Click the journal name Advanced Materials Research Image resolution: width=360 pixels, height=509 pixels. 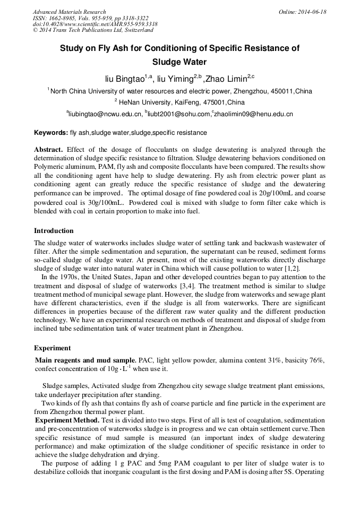pos(69,12)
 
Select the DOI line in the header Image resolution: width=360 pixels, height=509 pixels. pos(95,24)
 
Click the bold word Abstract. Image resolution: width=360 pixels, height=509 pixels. pos(48,150)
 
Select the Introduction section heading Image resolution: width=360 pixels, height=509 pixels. pos(54,231)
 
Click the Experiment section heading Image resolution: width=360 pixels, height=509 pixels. pos(52,348)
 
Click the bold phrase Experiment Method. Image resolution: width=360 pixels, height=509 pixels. pos(67,420)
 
